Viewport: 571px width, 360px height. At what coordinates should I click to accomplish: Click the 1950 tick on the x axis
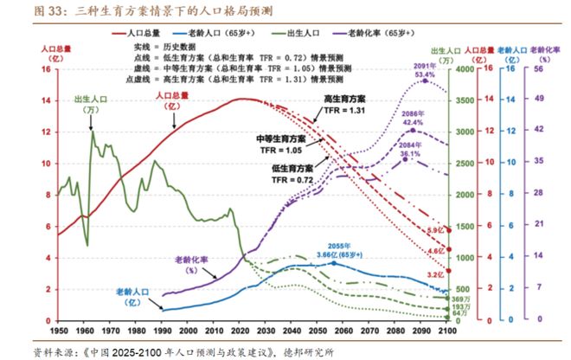[x=59, y=331]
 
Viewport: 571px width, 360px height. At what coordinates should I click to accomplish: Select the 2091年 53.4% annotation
[x=424, y=71]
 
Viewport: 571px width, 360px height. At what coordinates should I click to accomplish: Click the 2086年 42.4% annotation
[x=412, y=119]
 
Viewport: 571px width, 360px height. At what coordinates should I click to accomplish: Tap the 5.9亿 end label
[x=433, y=230]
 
